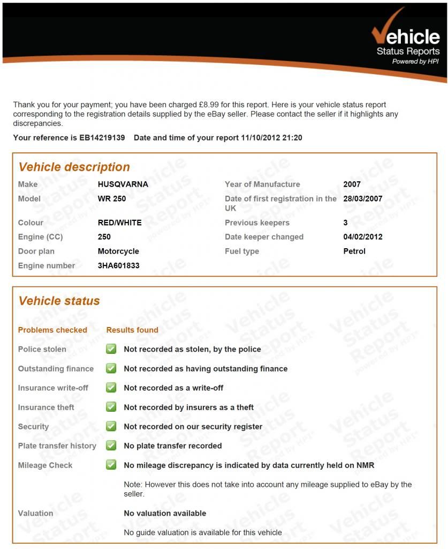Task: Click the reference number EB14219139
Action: [102, 138]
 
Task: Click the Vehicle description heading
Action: [74, 167]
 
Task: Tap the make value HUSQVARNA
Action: [123, 184]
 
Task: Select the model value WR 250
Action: [112, 198]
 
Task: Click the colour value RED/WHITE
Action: [119, 222]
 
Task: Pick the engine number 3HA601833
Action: [118, 265]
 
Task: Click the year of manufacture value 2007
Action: [352, 184]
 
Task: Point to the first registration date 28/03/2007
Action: [362, 198]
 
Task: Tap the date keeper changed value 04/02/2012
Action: [362, 237]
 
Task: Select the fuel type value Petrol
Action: [354, 251]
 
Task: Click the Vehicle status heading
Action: [59, 301]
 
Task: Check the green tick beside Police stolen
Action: [111, 349]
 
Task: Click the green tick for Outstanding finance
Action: [111, 368]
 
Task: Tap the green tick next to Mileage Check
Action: [111, 465]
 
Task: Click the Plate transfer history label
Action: [57, 446]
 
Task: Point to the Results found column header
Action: [132, 330]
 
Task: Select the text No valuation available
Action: [165, 513]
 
